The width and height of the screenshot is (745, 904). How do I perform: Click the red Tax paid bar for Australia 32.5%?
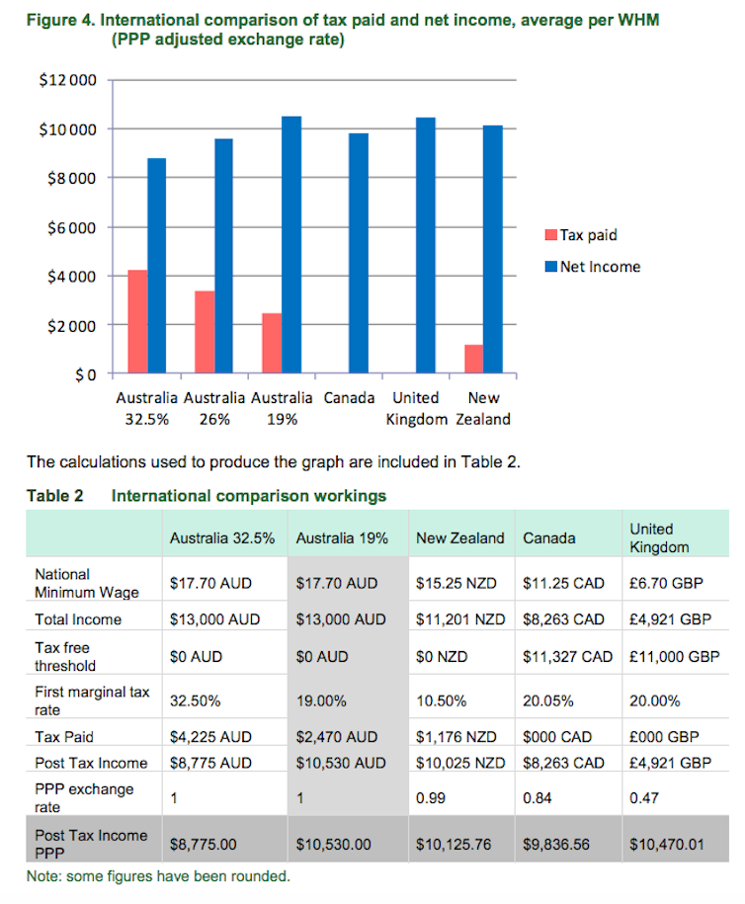137,322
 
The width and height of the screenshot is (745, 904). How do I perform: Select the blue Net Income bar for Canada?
359,254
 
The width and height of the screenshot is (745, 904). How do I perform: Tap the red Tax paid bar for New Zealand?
474,360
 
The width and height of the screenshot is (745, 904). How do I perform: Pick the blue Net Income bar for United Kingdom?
426,246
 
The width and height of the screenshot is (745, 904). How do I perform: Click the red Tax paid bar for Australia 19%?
272,344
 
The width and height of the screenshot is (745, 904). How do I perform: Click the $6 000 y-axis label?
71,228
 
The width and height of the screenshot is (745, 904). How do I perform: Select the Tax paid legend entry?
581,235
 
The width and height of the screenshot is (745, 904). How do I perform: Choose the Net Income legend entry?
593,267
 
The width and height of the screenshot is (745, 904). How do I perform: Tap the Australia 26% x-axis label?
214,409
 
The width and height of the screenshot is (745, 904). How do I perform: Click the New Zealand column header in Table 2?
460,538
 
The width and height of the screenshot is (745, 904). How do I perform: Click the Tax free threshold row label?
65,657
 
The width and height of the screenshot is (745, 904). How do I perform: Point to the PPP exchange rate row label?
84,798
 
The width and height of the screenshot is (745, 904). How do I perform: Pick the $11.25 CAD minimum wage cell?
563,584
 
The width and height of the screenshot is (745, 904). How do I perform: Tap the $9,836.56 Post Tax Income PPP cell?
556,845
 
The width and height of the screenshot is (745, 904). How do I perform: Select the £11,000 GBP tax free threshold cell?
674,657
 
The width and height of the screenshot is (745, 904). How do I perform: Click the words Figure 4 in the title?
60,21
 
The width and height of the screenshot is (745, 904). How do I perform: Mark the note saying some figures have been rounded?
158,876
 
